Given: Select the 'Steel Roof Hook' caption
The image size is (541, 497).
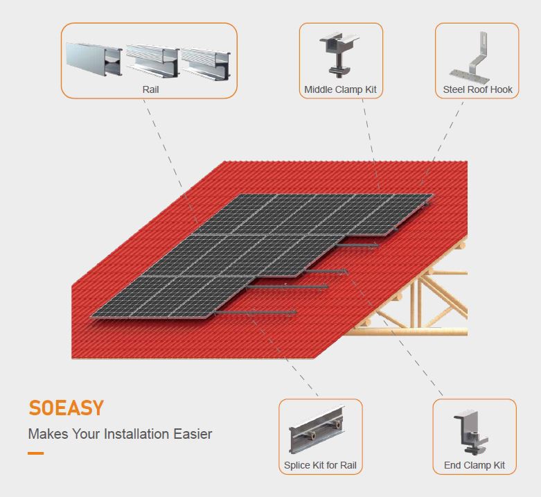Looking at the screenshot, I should [x=477, y=89].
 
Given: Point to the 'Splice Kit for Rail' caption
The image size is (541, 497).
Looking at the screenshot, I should [x=320, y=465].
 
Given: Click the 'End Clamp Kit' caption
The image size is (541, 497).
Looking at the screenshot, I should [x=475, y=465].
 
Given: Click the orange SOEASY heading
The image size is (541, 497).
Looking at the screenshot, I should [x=66, y=408].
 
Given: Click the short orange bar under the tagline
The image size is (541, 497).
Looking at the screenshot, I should [x=35, y=453].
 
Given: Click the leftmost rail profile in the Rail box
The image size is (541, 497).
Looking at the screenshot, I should [x=93, y=60].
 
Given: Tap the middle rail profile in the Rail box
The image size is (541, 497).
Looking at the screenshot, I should [x=152, y=61].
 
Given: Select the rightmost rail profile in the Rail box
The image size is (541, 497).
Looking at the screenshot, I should [x=206, y=62].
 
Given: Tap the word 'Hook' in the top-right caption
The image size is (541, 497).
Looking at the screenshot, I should [x=499, y=89].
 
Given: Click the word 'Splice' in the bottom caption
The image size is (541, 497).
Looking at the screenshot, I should [x=297, y=465].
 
